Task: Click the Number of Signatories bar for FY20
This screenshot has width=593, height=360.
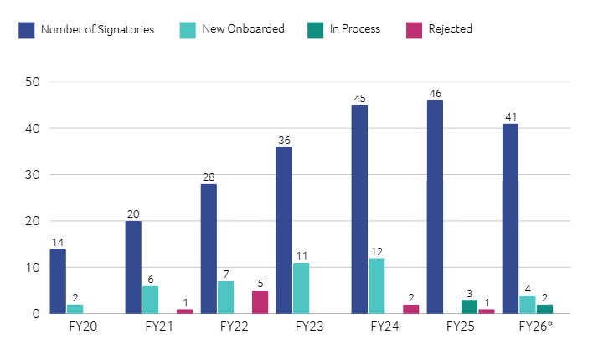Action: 58,281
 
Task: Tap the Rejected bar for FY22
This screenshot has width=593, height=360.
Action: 260,302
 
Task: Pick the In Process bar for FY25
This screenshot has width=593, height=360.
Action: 469,307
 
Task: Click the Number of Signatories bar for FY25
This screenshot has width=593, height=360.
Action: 435,208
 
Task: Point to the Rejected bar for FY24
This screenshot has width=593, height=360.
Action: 410,309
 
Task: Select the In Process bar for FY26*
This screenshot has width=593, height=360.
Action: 544,309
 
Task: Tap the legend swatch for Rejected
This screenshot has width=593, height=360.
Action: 414,29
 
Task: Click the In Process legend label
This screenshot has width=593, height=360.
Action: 354,29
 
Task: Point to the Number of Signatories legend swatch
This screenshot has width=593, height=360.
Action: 26,29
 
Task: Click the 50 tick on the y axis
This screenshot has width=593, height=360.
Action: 33,82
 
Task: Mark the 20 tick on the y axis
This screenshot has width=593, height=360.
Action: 33,221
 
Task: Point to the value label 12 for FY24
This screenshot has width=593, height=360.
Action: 377,252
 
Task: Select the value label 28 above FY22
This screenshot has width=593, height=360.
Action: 209,177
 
